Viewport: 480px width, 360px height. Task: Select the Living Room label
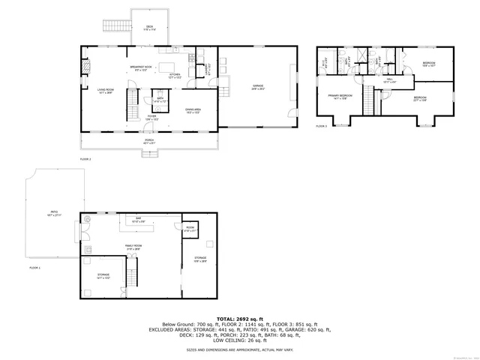coord(104,92)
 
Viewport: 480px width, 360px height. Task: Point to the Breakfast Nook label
coord(142,69)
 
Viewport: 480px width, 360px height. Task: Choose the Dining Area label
coord(194,111)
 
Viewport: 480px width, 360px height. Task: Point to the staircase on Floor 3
coord(369,98)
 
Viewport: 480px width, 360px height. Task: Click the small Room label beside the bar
coord(190,229)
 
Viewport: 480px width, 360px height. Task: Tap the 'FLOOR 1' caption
coord(35,268)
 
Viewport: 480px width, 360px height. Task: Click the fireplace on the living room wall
coord(85,66)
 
